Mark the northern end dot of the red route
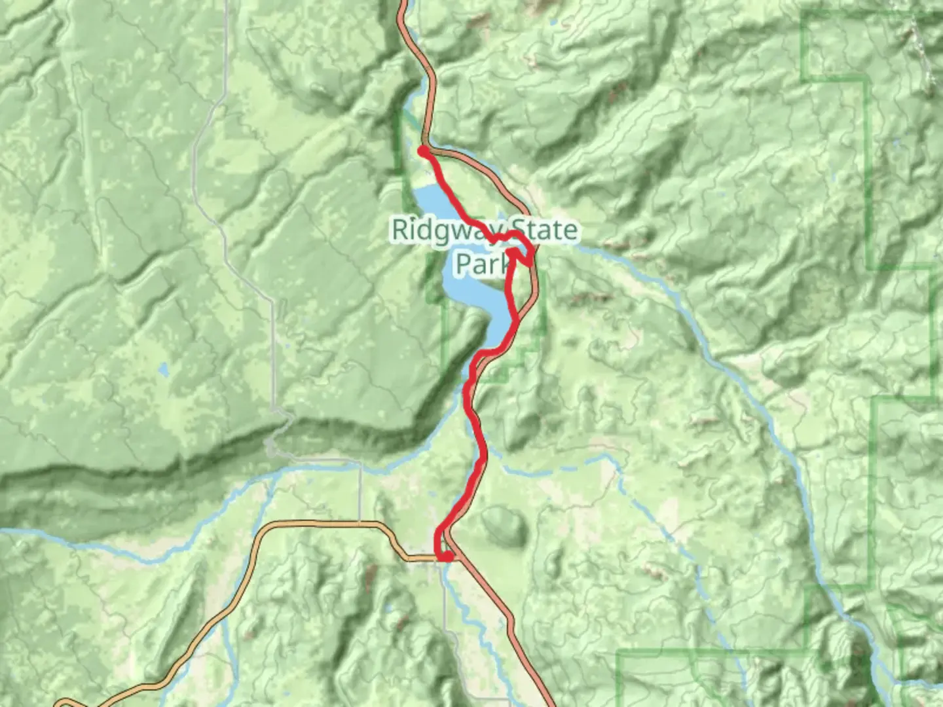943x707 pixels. coord(424,152)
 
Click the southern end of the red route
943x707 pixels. coord(446,556)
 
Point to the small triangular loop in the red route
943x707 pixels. coord(521,255)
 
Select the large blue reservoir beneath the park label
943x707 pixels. coord(471,288)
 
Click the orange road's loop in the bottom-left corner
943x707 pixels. coord(65,704)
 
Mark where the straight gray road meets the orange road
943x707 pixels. coord(360,523)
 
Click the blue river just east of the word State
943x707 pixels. coord(629,262)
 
